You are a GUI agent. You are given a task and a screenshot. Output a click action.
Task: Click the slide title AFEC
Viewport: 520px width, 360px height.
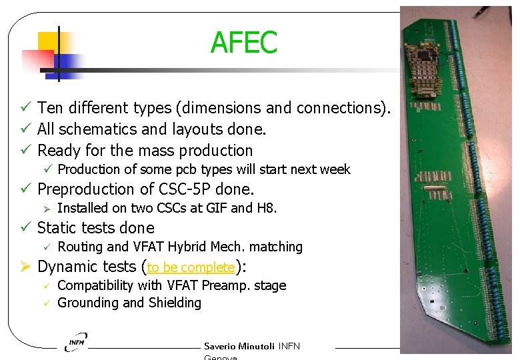(x=243, y=43)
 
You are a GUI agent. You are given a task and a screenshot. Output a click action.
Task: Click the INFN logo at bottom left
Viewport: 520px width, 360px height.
(x=76, y=342)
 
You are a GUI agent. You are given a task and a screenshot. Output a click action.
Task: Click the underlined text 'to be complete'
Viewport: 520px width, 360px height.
(x=191, y=267)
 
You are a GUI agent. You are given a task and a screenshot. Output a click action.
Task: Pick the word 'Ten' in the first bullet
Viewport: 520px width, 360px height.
(x=50, y=108)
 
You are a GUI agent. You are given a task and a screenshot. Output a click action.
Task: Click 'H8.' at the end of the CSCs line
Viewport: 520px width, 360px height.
(x=266, y=208)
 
